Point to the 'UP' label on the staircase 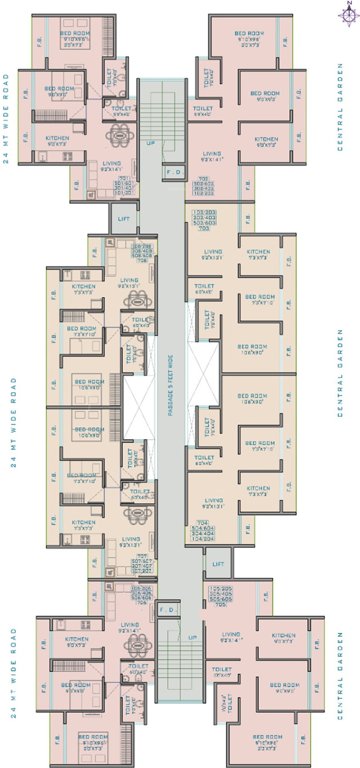[151, 142]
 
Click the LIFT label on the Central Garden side [219, 564]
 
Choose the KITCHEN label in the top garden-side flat [265, 139]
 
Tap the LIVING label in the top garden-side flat [211, 154]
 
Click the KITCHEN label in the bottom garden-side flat [284, 634]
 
